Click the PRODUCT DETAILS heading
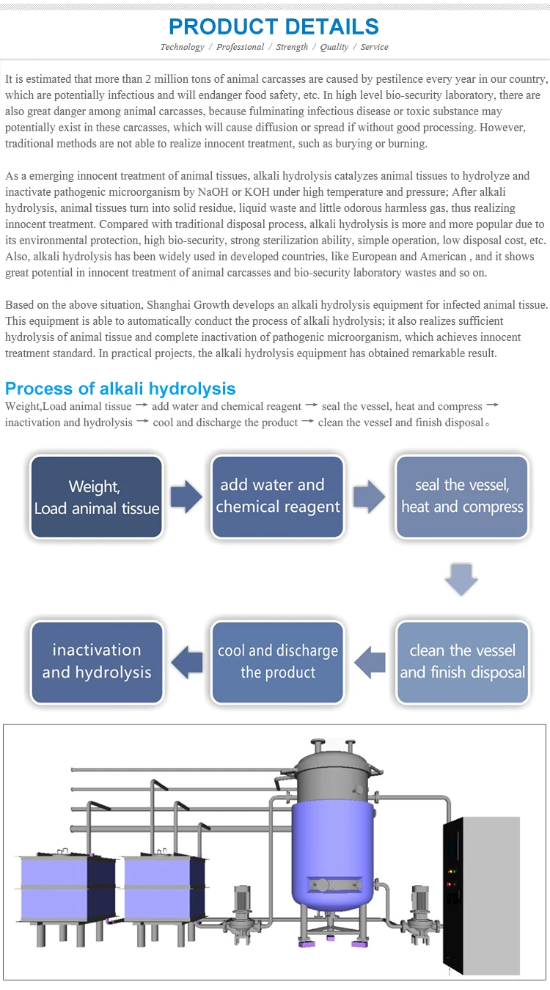pos(274,26)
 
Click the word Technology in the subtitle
pos(182,47)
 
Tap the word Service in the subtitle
pos(374,47)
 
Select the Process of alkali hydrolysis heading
pos(120,389)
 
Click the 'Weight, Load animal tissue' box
pos(96,497)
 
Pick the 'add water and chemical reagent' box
pos(278,496)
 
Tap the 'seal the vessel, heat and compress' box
pos(462,496)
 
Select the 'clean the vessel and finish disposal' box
pos(462,662)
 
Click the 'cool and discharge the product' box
pos(278,662)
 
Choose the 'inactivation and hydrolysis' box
pos(96,662)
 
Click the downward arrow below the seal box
pos(461,580)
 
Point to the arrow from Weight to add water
pos(186,497)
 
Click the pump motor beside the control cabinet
pos(420,906)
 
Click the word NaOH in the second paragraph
pos(212,192)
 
